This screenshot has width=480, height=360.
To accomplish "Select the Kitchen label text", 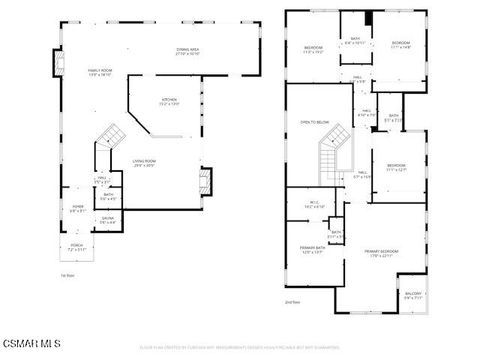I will [171, 102].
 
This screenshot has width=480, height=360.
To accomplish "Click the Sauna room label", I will [107, 219].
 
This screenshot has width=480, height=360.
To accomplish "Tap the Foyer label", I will [77, 210].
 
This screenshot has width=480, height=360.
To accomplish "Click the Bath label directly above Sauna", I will [107, 197].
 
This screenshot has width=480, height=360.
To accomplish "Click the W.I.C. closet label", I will [313, 205].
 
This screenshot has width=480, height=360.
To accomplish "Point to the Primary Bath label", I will [310, 250].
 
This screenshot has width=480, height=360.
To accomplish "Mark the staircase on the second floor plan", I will [331, 156].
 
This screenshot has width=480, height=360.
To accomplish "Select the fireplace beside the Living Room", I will [206, 180].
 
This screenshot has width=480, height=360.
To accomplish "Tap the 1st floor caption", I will [68, 275].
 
